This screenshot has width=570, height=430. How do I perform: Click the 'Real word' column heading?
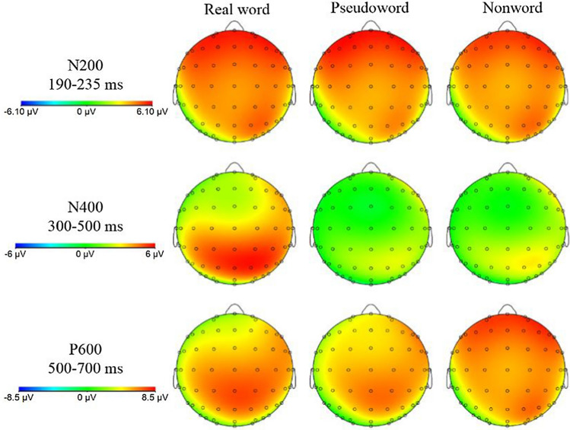tap(233, 10)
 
